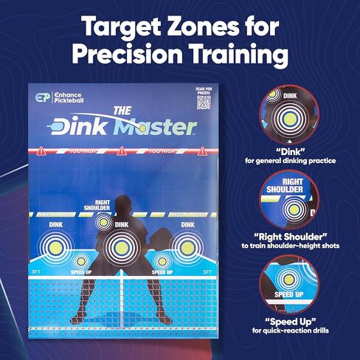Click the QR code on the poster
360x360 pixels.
[204, 102]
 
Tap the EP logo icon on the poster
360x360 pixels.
[43, 98]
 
